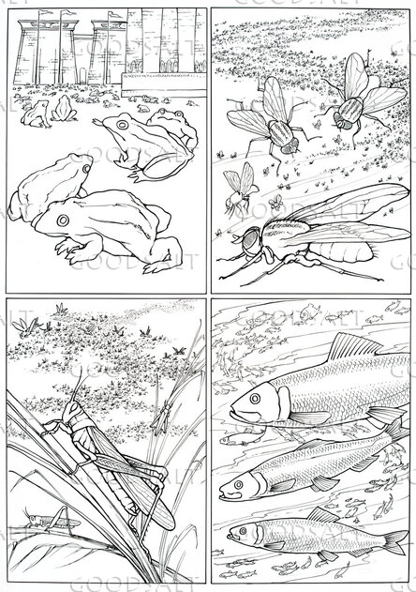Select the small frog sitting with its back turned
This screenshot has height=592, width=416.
pyautogui.click(x=64, y=111)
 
